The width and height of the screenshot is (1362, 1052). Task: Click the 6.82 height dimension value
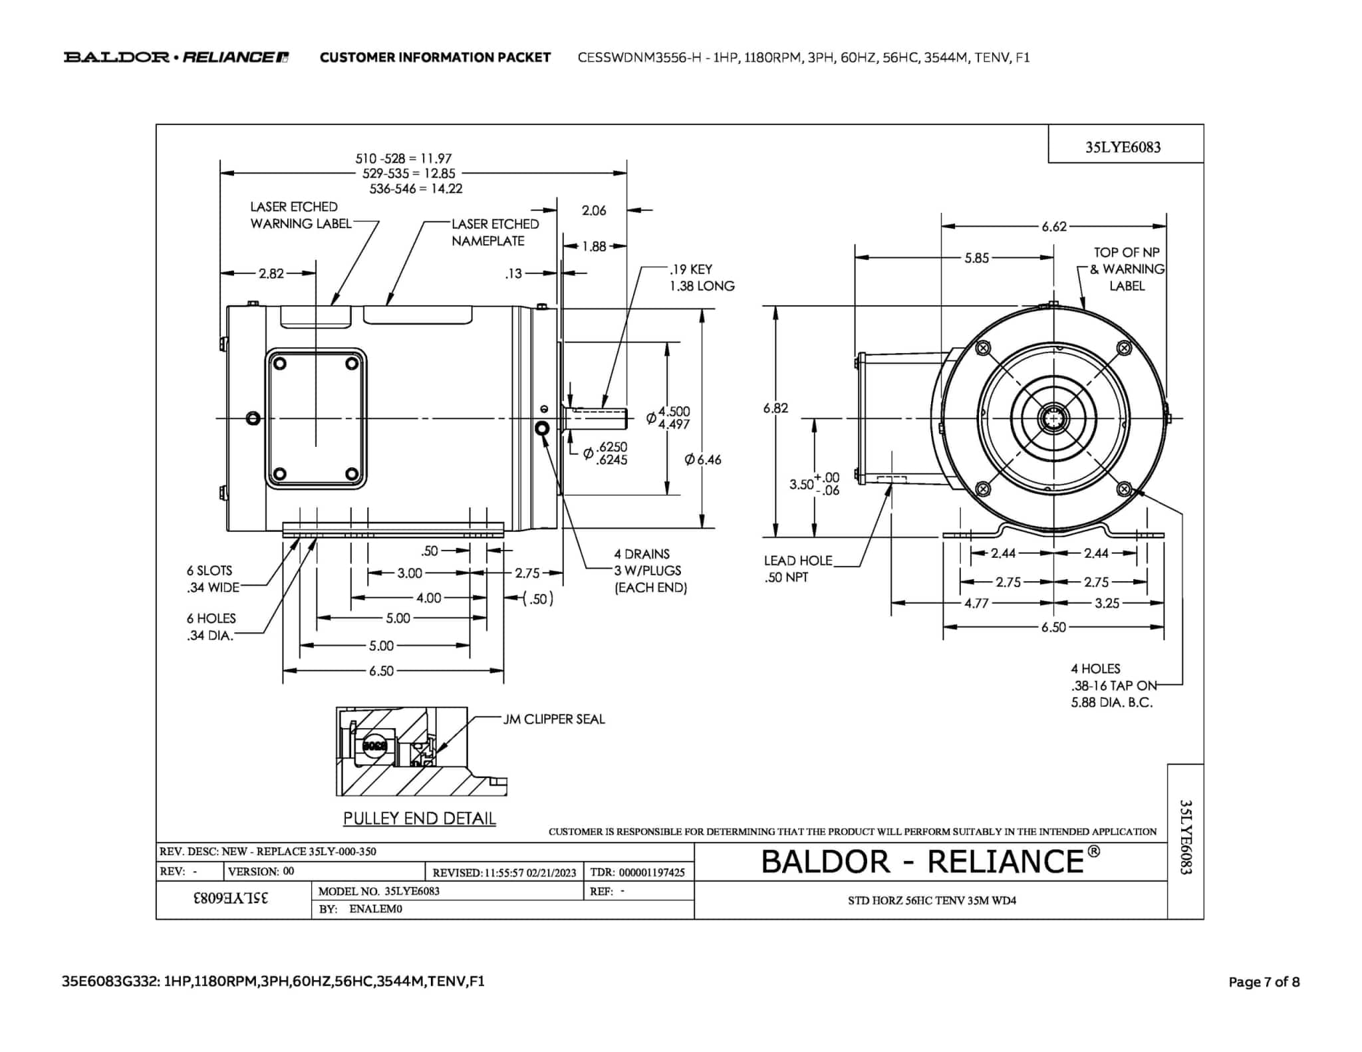click(775, 408)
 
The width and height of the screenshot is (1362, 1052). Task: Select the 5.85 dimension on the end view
click(976, 258)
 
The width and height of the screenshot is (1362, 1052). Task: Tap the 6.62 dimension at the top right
click(1054, 227)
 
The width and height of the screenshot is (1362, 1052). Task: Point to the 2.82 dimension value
click(271, 273)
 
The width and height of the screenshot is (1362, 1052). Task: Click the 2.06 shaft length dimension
click(594, 211)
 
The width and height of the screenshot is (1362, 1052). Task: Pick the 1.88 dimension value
click(594, 247)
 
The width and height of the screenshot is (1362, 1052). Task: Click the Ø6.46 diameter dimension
click(703, 460)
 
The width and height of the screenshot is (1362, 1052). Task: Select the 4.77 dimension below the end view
click(976, 604)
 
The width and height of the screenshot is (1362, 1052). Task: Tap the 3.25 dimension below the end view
click(1107, 604)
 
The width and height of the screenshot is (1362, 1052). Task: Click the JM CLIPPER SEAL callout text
click(554, 720)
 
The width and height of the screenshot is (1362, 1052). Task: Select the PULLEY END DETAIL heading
click(419, 819)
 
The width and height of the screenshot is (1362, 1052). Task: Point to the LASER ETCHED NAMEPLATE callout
click(494, 233)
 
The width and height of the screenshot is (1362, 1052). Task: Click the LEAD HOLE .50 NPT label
click(797, 569)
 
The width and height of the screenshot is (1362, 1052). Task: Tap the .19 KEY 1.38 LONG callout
click(701, 278)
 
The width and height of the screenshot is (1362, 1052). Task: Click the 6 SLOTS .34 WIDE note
click(212, 579)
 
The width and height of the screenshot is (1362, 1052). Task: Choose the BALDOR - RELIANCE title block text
click(930, 862)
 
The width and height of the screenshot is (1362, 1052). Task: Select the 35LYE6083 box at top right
click(1123, 148)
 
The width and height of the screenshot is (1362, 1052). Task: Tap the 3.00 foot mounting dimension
click(410, 573)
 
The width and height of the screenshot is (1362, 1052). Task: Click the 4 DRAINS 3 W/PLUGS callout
click(650, 571)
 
